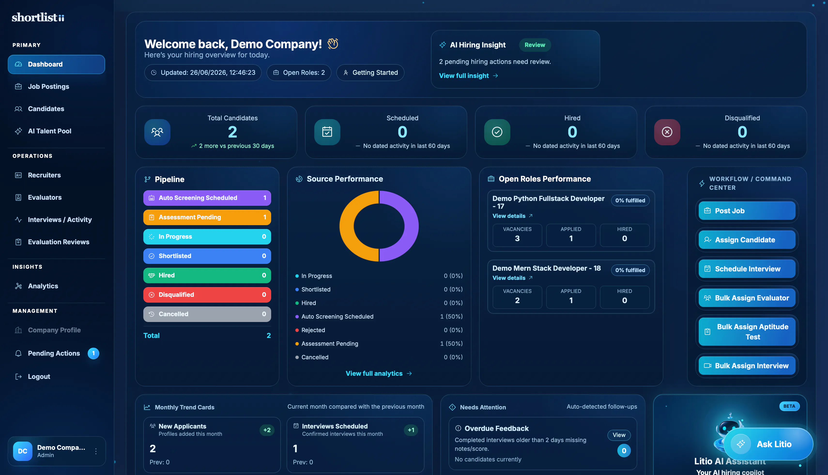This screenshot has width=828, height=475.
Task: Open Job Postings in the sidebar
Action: click(x=48, y=86)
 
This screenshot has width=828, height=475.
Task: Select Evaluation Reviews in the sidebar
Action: click(x=58, y=242)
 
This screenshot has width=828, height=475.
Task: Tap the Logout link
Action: click(x=39, y=376)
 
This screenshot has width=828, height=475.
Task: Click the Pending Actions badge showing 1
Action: click(x=93, y=353)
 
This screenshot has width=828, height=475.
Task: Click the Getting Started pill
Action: click(x=370, y=72)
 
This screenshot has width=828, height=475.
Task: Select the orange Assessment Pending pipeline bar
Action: click(x=207, y=217)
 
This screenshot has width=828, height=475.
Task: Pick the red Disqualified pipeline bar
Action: click(x=207, y=295)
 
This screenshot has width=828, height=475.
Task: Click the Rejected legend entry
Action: click(x=313, y=330)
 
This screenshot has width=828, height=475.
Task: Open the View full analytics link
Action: click(x=379, y=374)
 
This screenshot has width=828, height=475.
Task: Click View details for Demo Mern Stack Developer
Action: click(x=513, y=278)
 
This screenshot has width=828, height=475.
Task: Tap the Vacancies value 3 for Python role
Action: click(x=517, y=238)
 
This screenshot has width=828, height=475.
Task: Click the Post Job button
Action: click(x=747, y=211)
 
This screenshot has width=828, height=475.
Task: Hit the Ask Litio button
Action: click(x=768, y=444)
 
